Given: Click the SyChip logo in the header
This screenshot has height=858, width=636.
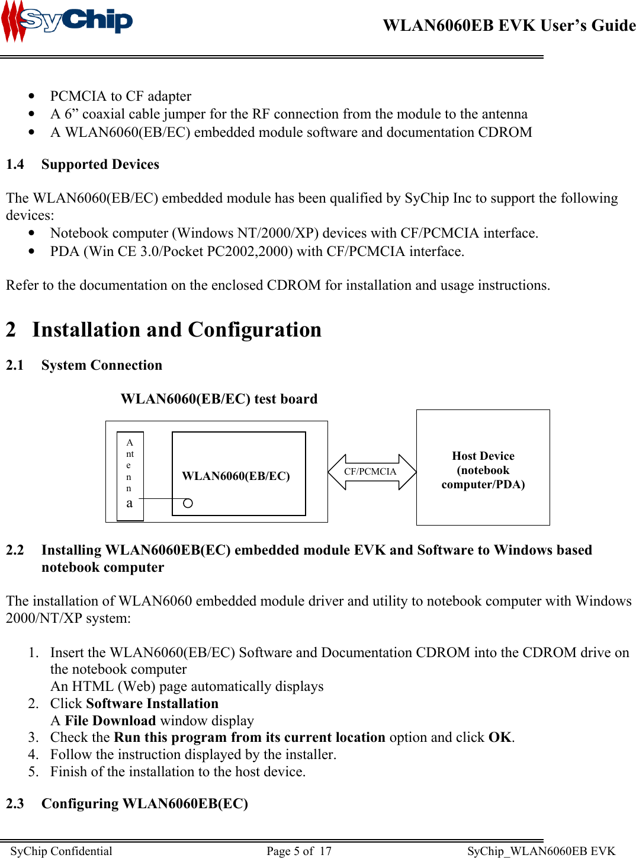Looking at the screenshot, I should pos(67,22).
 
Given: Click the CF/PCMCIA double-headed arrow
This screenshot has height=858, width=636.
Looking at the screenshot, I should pos(372,472).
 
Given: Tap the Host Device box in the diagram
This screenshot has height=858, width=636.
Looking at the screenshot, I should pos(483,468).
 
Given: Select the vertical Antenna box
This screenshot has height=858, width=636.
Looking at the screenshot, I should pos(130,476).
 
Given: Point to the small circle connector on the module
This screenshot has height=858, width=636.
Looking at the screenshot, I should pos(188,503).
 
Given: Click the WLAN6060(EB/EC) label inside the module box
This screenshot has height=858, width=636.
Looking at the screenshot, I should pos(236,476).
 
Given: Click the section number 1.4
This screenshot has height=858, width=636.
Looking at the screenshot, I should pos(15,164).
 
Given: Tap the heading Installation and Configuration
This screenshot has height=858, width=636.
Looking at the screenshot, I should pos(176,329).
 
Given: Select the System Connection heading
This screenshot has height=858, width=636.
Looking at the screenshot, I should pos(101,365).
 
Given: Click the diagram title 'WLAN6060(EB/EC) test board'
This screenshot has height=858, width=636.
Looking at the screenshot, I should pos(219,399).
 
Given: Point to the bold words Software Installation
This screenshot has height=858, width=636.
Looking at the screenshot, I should pos(152,703).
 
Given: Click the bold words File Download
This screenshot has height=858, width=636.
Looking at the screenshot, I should pos(110,721).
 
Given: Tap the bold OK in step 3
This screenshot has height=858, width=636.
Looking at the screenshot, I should pos(500,737).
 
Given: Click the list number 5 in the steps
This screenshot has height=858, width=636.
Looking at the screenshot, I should pos(33,771).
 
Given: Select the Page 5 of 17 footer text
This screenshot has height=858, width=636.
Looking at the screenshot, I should pos(299,851).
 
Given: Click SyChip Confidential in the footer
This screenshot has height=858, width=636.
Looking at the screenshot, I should pos(61,851).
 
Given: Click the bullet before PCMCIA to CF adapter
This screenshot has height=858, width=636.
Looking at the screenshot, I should pos(31,96).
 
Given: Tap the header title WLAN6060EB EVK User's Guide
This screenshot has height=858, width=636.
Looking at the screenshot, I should pos(509,25).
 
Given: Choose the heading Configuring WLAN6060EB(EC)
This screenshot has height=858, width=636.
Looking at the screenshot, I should pos(144,803).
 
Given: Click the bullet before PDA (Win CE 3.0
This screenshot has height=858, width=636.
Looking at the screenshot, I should pos(31,251).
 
